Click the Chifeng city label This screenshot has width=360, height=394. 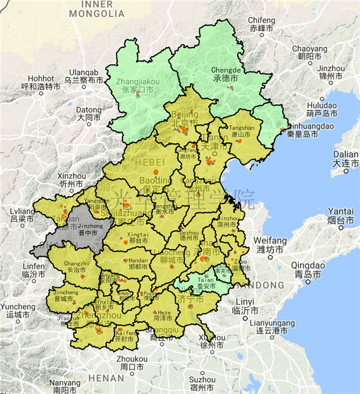(262, 24)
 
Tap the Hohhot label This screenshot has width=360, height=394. (41, 82)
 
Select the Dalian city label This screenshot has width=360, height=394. (345, 158)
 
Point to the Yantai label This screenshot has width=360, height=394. (340, 215)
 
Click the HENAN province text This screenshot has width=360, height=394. (106, 378)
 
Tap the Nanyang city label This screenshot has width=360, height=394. (65, 386)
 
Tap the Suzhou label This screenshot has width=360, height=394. (202, 383)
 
